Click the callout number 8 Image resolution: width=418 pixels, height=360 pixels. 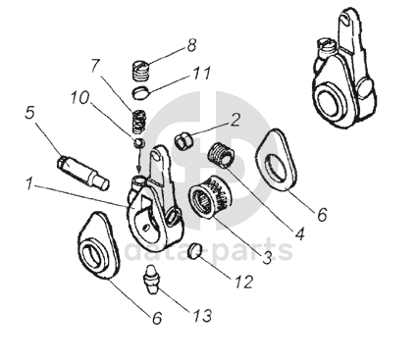191,45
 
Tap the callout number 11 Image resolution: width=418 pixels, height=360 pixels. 202,73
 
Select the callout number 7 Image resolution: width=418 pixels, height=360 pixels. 95,65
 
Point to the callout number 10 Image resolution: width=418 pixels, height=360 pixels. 79,97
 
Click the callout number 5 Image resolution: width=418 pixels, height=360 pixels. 29,113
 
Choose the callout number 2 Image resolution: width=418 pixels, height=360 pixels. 235,120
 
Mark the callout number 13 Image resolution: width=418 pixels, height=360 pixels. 203,316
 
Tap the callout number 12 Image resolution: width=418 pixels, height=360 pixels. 243,282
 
